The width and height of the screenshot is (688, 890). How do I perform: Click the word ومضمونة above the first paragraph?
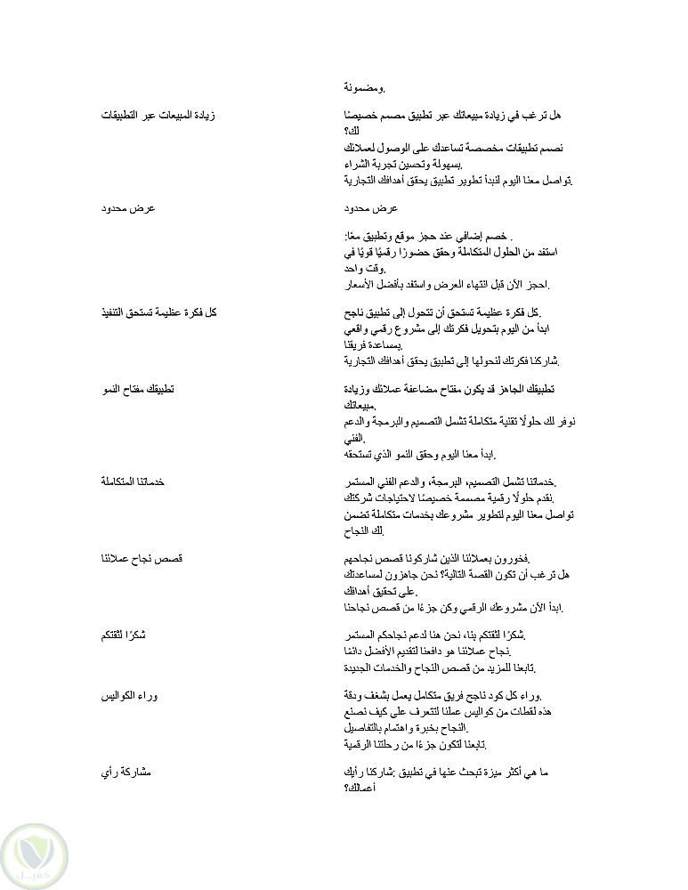[x=365, y=87]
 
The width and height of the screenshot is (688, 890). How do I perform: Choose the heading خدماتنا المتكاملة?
[x=133, y=481]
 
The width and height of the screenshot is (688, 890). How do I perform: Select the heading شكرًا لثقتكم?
[x=124, y=635]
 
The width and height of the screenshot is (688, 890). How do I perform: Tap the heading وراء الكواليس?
[x=129, y=695]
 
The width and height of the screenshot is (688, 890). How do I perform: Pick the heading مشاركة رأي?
[x=127, y=772]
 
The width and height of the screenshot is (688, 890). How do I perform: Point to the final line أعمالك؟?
[x=360, y=788]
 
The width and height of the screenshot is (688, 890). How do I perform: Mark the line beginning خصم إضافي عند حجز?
[x=429, y=236]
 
